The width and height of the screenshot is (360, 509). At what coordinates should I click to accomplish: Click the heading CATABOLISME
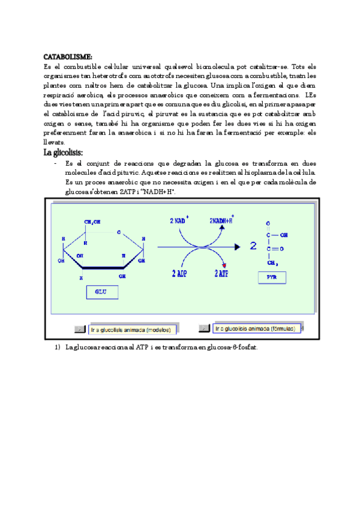68,56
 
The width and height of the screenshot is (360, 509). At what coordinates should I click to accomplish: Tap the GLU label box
100,292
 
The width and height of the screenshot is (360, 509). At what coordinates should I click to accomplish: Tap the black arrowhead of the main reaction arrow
238,246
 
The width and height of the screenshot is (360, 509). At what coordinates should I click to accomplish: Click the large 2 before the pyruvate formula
254,246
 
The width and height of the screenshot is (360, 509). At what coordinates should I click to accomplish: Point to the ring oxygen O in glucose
119,232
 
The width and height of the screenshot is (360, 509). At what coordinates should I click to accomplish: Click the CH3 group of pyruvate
273,262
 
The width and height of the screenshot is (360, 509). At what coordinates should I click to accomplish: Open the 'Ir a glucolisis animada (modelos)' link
130,330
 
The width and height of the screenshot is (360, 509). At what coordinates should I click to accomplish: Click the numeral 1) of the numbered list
57,348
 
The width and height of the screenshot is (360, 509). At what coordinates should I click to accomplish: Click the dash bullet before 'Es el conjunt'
55,163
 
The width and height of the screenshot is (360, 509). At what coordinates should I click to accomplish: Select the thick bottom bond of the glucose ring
103,268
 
